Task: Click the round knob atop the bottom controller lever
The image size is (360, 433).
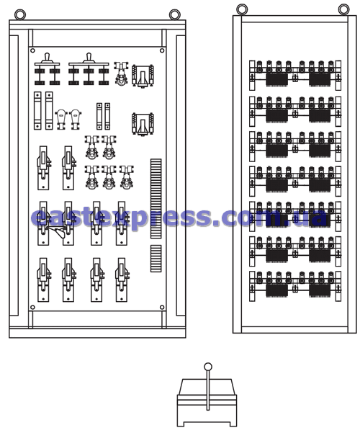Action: [x=208, y=367]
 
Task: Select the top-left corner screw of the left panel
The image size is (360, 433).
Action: [x=32, y=50]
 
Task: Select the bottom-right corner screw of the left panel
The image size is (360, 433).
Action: [x=162, y=307]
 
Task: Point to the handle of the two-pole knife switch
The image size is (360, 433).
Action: [x=48, y=58]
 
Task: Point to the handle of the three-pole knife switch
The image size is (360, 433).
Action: [x=89, y=58]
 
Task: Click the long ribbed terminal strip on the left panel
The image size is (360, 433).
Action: [x=156, y=199]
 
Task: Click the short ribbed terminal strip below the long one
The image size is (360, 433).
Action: [x=156, y=259]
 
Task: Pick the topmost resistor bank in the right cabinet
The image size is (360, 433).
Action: [x=295, y=75]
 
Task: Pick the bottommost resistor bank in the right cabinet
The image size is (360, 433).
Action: [x=295, y=286]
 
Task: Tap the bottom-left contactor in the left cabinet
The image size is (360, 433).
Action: [x=43, y=280]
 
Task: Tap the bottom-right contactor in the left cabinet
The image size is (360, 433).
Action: [x=122, y=280]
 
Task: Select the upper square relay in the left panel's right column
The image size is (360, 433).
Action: [x=143, y=76]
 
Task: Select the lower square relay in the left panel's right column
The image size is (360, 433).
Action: [x=143, y=124]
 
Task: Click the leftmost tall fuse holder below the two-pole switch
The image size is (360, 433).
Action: [x=37, y=110]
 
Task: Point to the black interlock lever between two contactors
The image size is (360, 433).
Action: [x=58, y=231]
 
